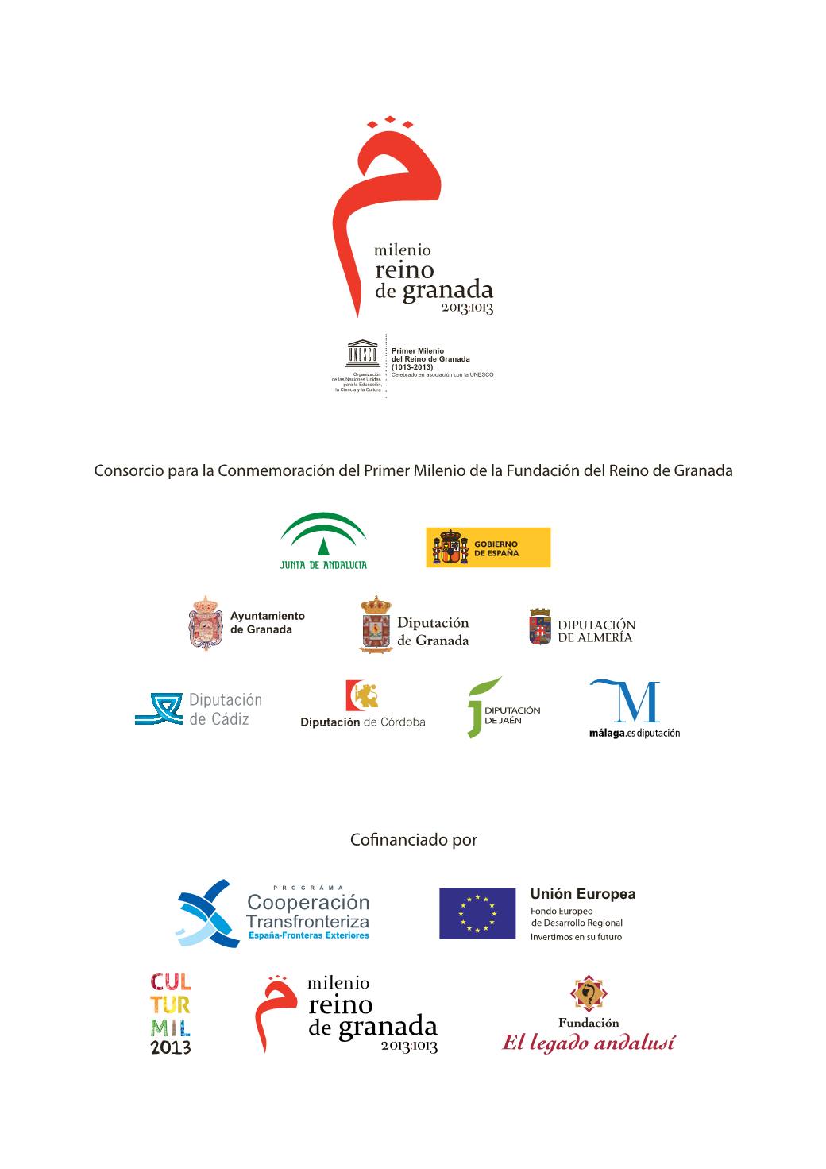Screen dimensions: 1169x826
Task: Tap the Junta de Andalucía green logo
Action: click(324, 540)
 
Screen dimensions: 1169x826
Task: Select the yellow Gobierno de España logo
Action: click(488, 548)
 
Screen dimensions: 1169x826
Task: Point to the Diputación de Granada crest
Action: click(376, 624)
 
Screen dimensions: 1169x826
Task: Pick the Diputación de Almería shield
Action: click(540, 627)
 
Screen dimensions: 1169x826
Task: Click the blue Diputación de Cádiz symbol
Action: click(159, 709)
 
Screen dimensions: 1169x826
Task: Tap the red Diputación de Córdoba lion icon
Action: click(362, 695)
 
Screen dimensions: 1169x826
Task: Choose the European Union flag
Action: click(477, 913)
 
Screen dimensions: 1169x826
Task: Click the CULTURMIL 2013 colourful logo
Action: click(171, 1013)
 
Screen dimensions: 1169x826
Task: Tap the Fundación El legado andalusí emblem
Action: click(589, 993)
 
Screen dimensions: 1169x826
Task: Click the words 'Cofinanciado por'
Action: click(413, 839)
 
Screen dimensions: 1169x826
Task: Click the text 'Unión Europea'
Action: click(582, 894)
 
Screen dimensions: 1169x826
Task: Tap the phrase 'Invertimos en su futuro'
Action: click(576, 937)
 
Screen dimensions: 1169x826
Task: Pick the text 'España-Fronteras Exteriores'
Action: click(308, 935)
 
